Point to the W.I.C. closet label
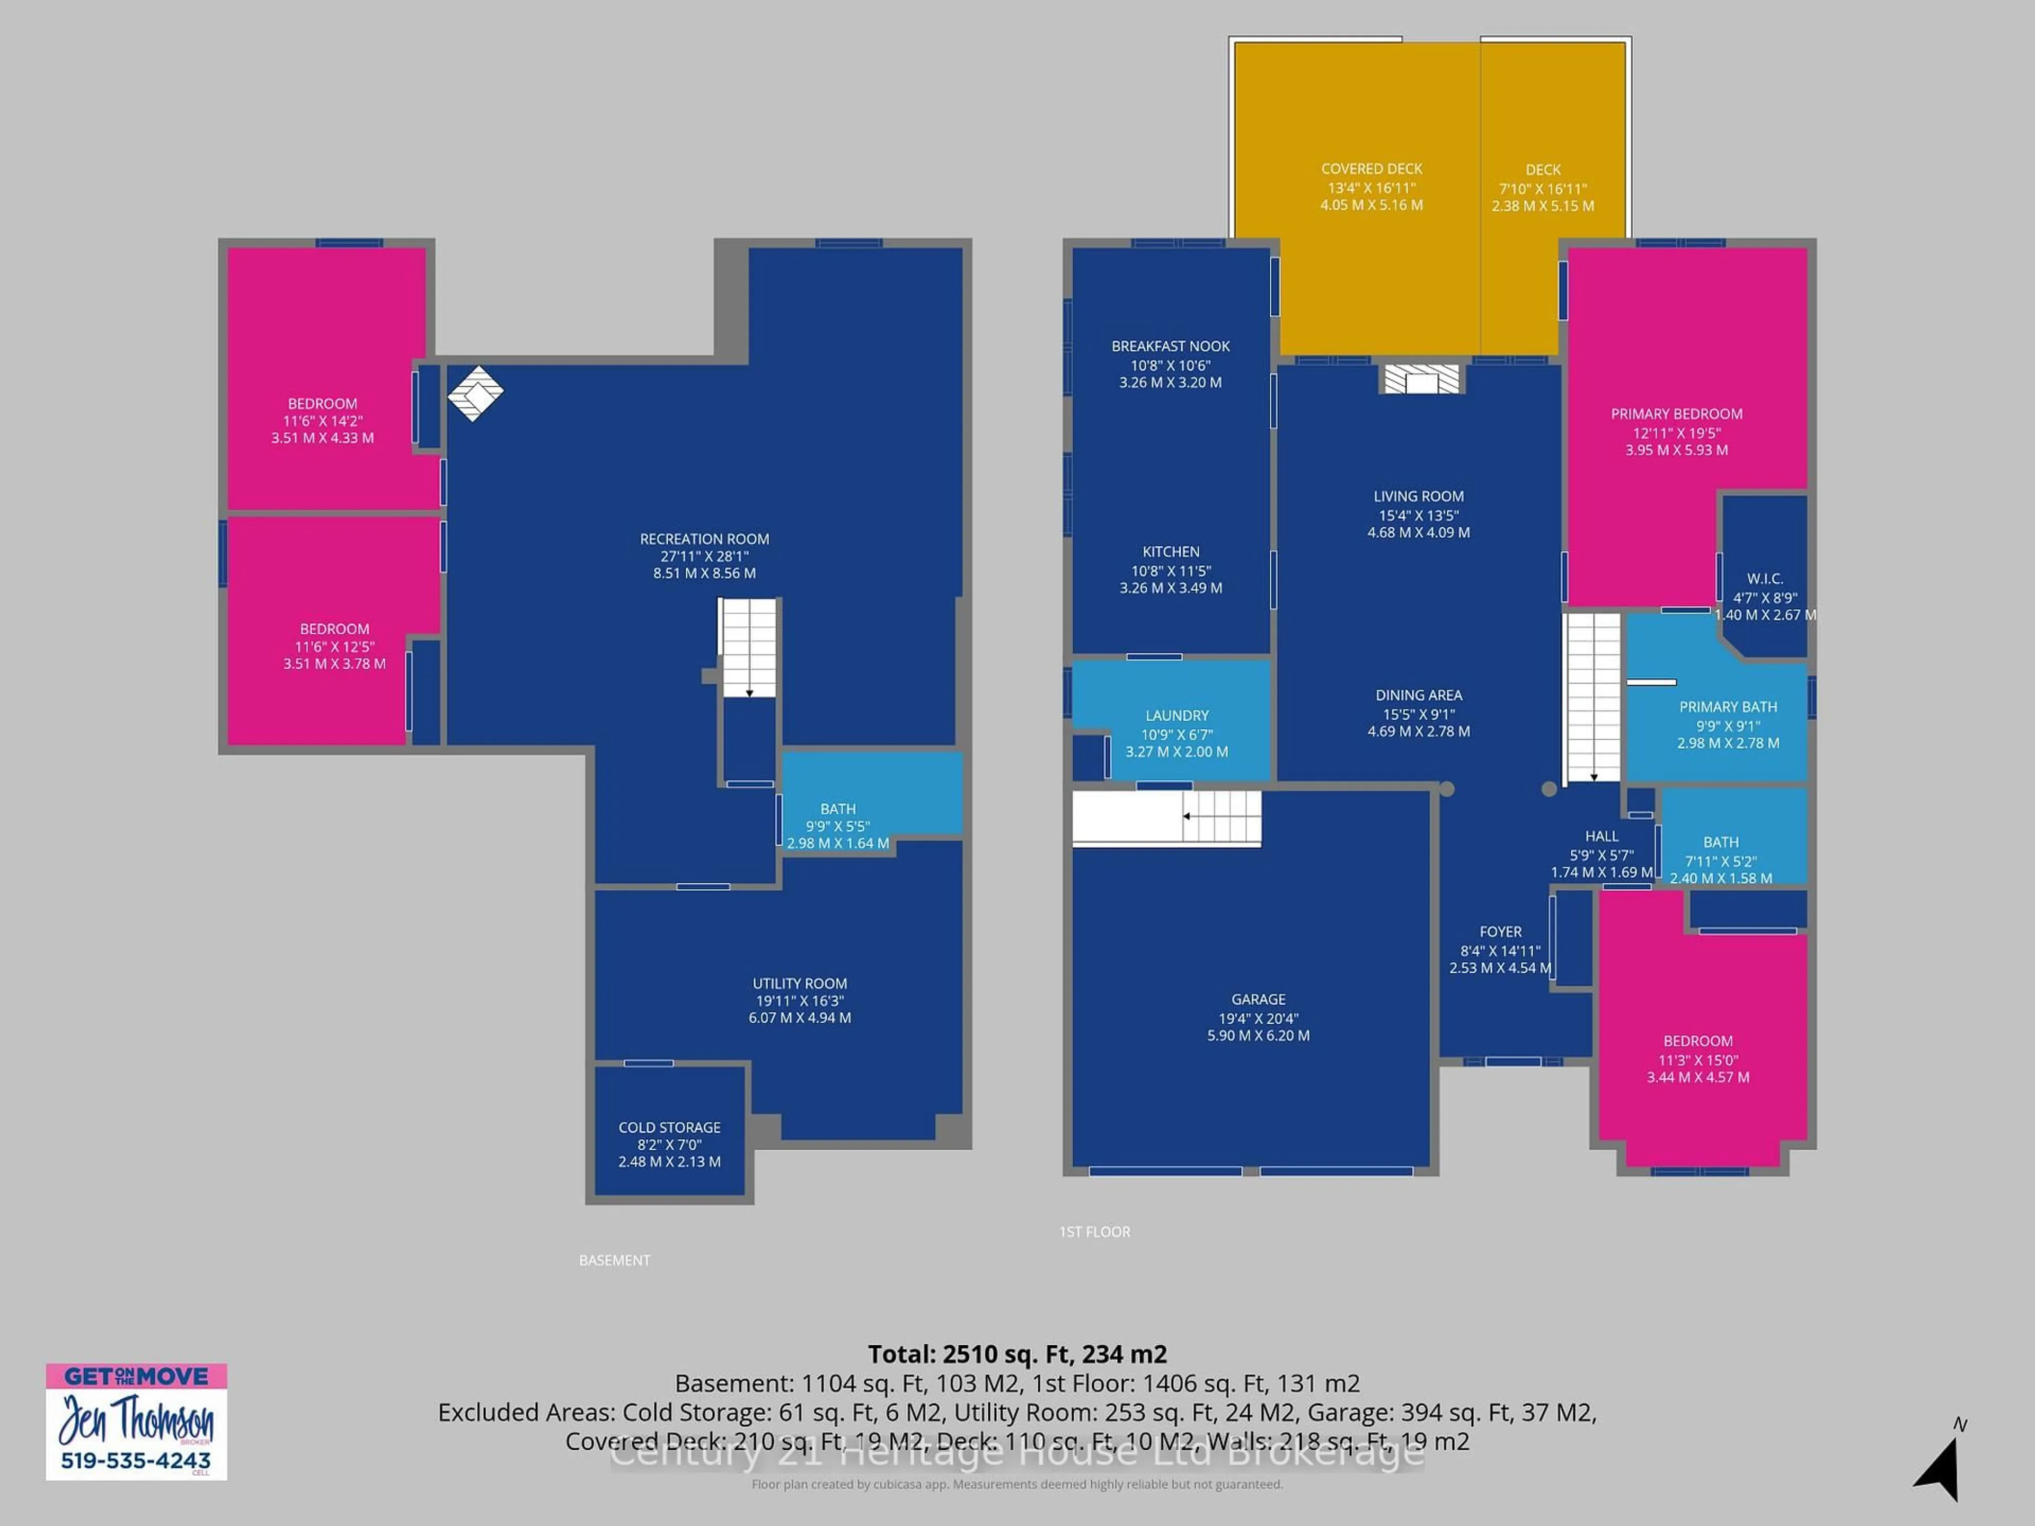pos(1765,579)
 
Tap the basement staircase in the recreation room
pos(749,646)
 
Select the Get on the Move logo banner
pos(136,1376)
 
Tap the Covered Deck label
pos(1371,169)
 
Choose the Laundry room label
pos(1176,716)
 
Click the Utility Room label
pos(800,983)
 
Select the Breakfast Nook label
pos(1170,347)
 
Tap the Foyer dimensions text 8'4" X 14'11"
pos(1500,951)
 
